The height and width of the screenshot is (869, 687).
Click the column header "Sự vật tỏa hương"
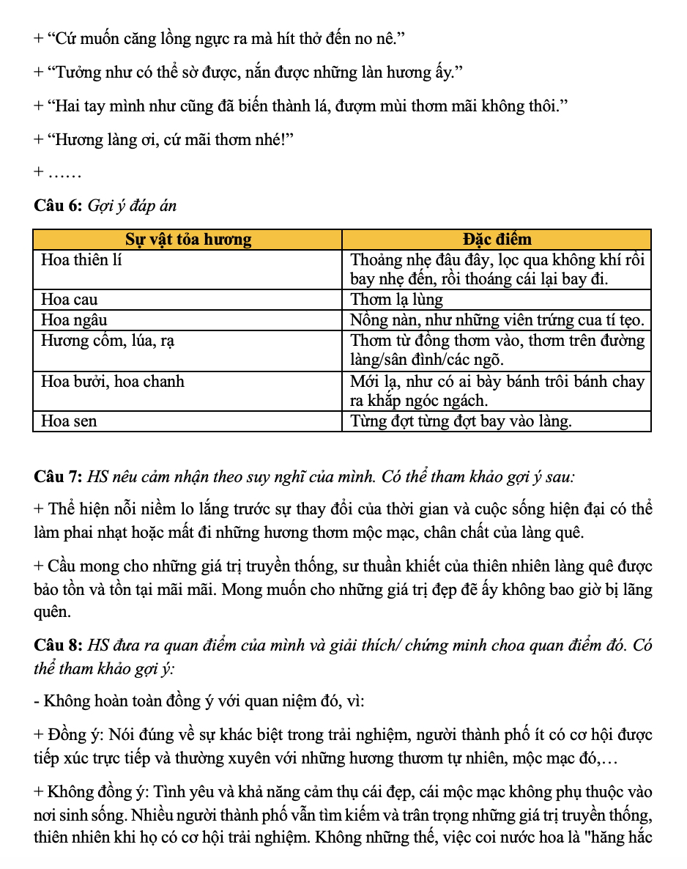(188, 240)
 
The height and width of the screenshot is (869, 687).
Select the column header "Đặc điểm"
(497, 240)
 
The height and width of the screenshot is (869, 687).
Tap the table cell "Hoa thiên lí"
(81, 259)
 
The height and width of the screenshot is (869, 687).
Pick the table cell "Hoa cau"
(69, 300)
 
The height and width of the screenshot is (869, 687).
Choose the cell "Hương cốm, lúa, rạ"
(107, 341)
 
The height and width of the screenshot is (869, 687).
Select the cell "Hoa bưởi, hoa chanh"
(113, 382)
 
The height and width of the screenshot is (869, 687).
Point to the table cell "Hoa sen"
(69, 421)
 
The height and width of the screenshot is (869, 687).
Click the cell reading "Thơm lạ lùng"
(397, 300)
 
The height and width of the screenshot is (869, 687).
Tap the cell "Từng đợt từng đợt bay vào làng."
(461, 421)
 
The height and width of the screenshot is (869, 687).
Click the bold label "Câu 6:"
(58, 206)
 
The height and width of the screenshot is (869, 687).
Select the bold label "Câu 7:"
(58, 477)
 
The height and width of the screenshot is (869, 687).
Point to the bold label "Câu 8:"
(58, 646)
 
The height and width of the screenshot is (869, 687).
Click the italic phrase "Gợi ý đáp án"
(132, 206)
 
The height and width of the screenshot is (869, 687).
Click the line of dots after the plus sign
(63, 174)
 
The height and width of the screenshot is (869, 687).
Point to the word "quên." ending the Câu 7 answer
(53, 610)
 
